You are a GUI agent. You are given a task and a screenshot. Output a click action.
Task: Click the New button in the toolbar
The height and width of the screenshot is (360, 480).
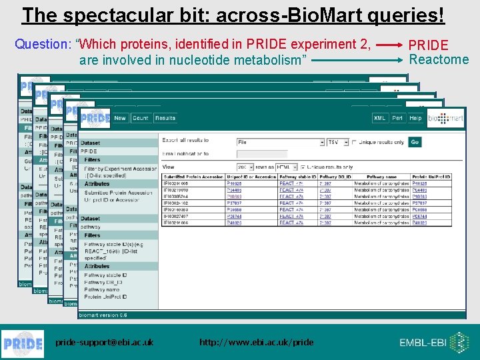pyautogui.click(x=120, y=118)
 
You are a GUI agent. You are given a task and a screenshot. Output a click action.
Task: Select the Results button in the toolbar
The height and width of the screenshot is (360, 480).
pyautogui.click(x=165, y=118)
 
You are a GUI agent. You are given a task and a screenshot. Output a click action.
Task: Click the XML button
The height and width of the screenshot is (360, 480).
pyautogui.click(x=379, y=118)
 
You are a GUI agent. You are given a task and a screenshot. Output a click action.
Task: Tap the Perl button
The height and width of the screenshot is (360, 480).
pyautogui.click(x=397, y=118)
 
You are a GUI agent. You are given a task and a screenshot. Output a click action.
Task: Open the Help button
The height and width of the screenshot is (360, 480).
pyautogui.click(x=415, y=118)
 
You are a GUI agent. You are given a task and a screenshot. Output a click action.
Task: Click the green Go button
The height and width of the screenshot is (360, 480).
pyautogui.click(x=415, y=142)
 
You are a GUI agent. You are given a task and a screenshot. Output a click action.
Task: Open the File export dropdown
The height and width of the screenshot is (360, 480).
pyautogui.click(x=280, y=142)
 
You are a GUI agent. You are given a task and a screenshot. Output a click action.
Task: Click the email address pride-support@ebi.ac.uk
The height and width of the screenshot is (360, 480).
pyautogui.click(x=104, y=342)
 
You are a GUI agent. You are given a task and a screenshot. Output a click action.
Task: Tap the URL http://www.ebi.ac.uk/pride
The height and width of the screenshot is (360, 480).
pyautogui.click(x=256, y=342)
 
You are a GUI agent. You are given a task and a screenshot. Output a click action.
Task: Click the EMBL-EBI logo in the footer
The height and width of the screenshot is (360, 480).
pyautogui.click(x=433, y=343)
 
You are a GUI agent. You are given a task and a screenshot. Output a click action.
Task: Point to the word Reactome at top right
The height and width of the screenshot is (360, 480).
pyautogui.click(x=439, y=59)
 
